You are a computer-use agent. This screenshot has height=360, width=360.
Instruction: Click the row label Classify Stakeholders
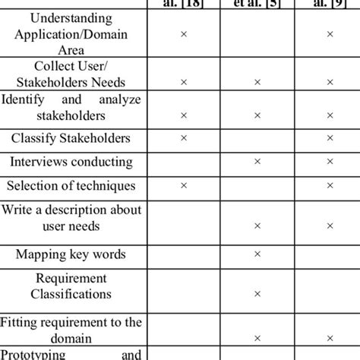pos(71,138)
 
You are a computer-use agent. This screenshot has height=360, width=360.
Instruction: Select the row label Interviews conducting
pos(71,162)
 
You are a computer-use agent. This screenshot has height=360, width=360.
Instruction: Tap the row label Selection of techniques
pos(71,185)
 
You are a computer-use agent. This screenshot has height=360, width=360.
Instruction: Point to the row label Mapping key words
pos(71,254)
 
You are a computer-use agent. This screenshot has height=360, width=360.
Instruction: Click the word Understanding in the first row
pos(72,17)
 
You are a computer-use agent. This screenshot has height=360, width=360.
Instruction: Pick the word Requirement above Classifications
pos(71,278)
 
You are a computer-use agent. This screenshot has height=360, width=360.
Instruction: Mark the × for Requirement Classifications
pos(257,293)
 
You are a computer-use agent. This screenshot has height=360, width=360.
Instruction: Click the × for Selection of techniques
pos(183,185)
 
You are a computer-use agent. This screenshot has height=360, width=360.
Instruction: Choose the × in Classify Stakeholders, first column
pos(183,138)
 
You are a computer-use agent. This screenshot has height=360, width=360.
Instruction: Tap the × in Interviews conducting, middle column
pos(257,162)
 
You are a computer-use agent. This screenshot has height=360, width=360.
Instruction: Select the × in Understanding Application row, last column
pos(330,33)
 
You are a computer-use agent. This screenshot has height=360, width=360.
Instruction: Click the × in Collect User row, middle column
pos(257,81)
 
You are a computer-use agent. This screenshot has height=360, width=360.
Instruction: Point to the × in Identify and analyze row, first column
pos(183,115)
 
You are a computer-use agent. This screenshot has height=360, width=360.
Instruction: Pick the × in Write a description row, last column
pos(330,226)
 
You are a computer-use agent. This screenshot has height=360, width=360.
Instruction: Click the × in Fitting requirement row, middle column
pos(257,339)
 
